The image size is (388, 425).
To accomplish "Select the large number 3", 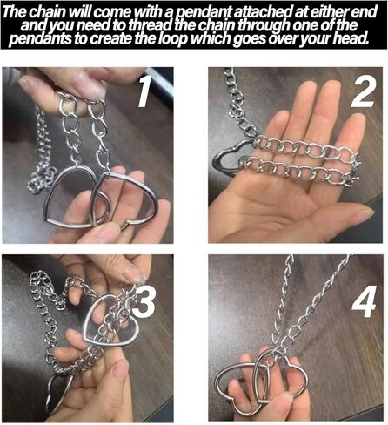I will click(144, 301).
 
